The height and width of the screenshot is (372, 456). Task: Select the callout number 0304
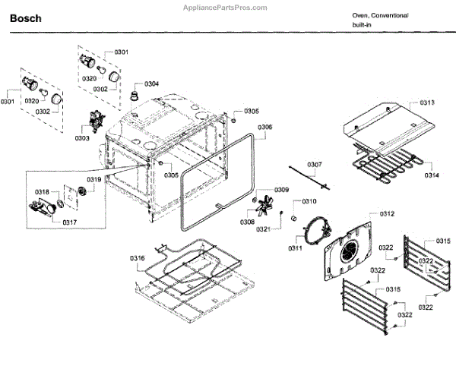[151, 83]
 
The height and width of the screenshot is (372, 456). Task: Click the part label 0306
[264, 127]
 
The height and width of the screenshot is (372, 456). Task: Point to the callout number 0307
[314, 165]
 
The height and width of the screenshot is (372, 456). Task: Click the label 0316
[137, 258]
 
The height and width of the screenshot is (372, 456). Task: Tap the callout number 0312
[387, 215]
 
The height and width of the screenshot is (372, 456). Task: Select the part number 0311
[296, 247]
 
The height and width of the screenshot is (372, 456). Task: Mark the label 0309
[281, 190]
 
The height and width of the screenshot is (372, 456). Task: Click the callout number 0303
[82, 139]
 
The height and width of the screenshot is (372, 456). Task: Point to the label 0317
[69, 222]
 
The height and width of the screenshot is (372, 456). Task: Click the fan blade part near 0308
[266, 206]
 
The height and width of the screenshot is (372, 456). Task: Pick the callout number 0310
[309, 201]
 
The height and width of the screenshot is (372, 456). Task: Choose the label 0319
[93, 179]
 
